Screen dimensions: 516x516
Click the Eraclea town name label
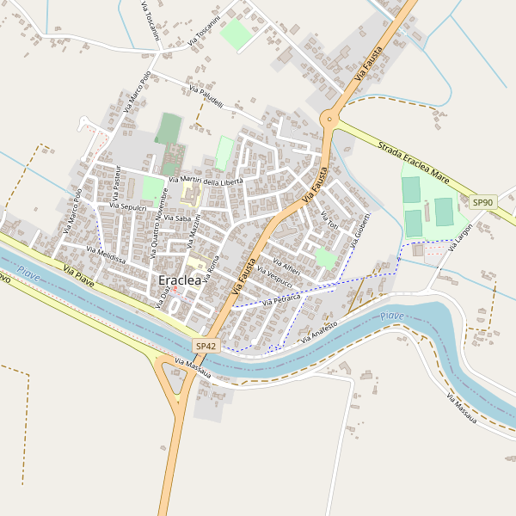coord(180,280)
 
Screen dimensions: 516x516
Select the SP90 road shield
coord(483,202)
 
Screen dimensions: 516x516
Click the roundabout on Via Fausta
coord(329,120)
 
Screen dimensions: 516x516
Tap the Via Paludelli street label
coord(206,97)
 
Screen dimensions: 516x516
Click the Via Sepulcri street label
coord(129,207)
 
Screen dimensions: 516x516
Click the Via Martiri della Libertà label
coord(206,180)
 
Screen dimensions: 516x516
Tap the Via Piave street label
coord(78,275)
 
